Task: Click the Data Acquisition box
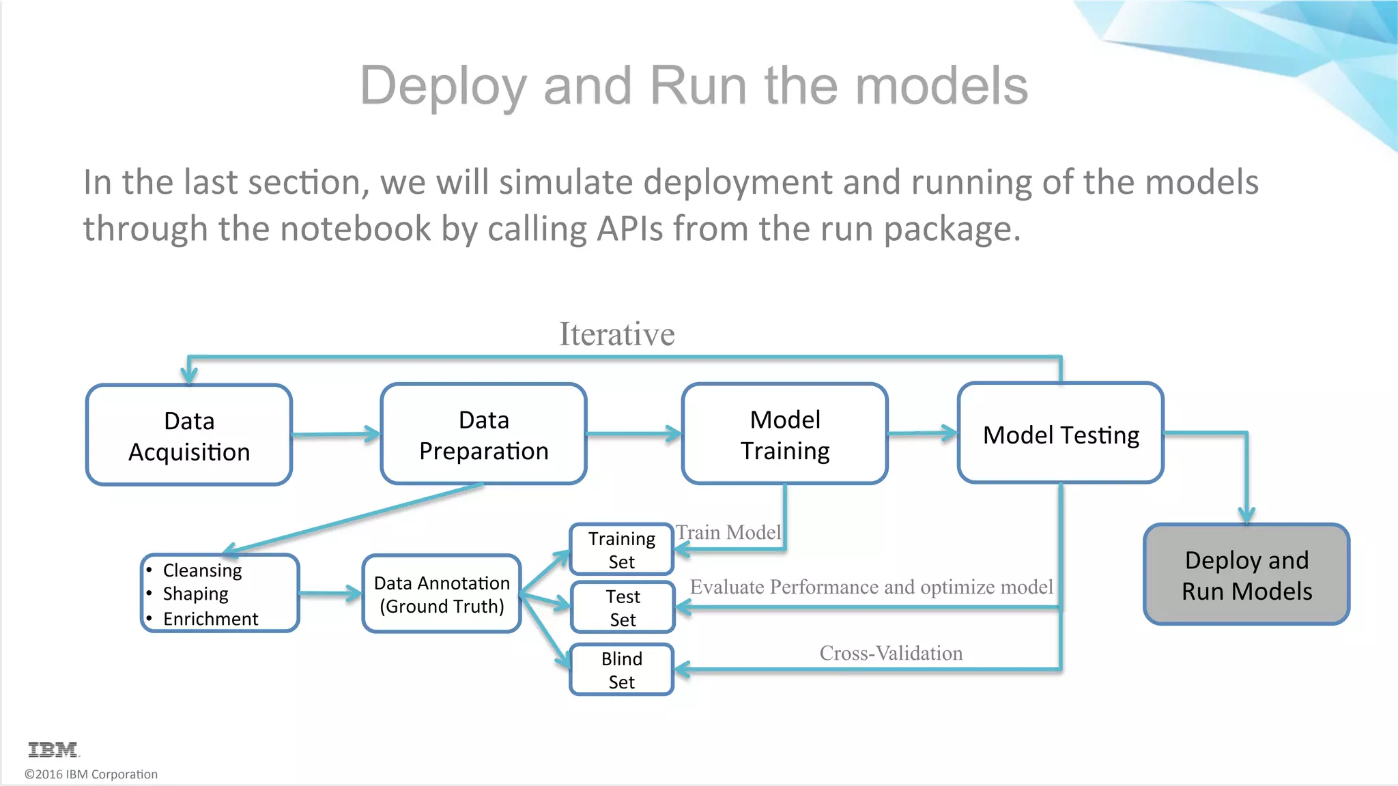[189, 435]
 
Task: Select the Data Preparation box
[483, 435]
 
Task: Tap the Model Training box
[784, 435]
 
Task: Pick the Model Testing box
[1060, 434]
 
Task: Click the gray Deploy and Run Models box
[1246, 574]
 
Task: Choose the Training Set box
[621, 549]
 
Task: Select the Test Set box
[622, 607]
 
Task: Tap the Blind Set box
[621, 669]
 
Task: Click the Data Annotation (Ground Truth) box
[442, 594]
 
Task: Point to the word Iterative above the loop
[616, 334]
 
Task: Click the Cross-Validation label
[890, 653]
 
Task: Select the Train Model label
[728, 532]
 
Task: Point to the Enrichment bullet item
[210, 619]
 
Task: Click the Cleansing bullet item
[202, 570]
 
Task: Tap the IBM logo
[53, 750]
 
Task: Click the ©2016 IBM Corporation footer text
[91, 774]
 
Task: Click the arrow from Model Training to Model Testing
[922, 433]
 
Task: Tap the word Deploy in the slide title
[443, 86]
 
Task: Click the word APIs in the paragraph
[629, 229]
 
